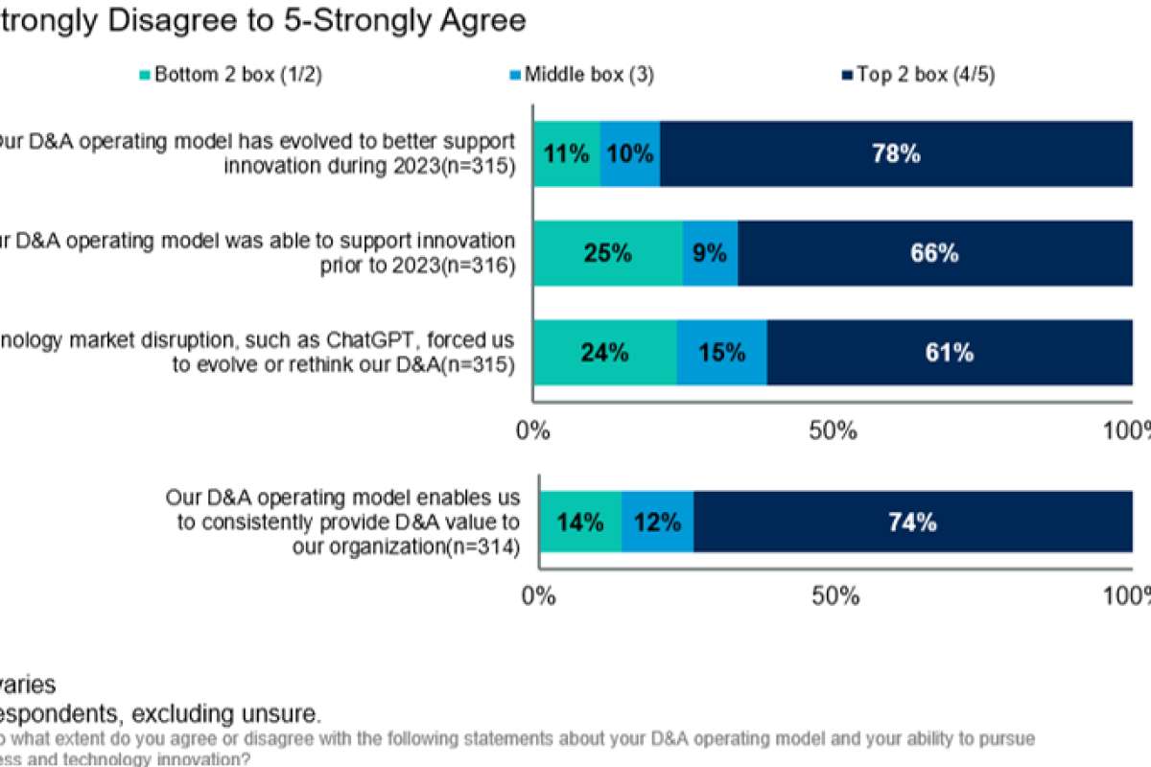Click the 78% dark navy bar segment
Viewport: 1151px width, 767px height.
click(896, 153)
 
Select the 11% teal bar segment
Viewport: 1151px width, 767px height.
click(567, 153)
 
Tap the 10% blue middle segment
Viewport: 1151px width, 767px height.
click(630, 153)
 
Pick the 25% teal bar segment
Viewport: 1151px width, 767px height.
click(608, 253)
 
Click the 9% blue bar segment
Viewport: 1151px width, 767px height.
click(710, 253)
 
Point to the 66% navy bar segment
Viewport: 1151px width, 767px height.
click(935, 253)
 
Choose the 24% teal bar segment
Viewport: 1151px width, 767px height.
click(604, 353)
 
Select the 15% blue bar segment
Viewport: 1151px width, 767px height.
click(721, 353)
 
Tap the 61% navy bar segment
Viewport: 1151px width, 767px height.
click(950, 353)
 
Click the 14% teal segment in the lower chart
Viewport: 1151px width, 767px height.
click(580, 523)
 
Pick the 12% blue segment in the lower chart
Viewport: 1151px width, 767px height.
click(657, 523)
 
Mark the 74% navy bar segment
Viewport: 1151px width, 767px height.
click(912, 523)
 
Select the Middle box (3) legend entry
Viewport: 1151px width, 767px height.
click(584, 76)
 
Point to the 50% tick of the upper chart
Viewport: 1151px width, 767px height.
click(833, 430)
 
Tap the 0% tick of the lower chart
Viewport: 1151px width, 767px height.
click(540, 595)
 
